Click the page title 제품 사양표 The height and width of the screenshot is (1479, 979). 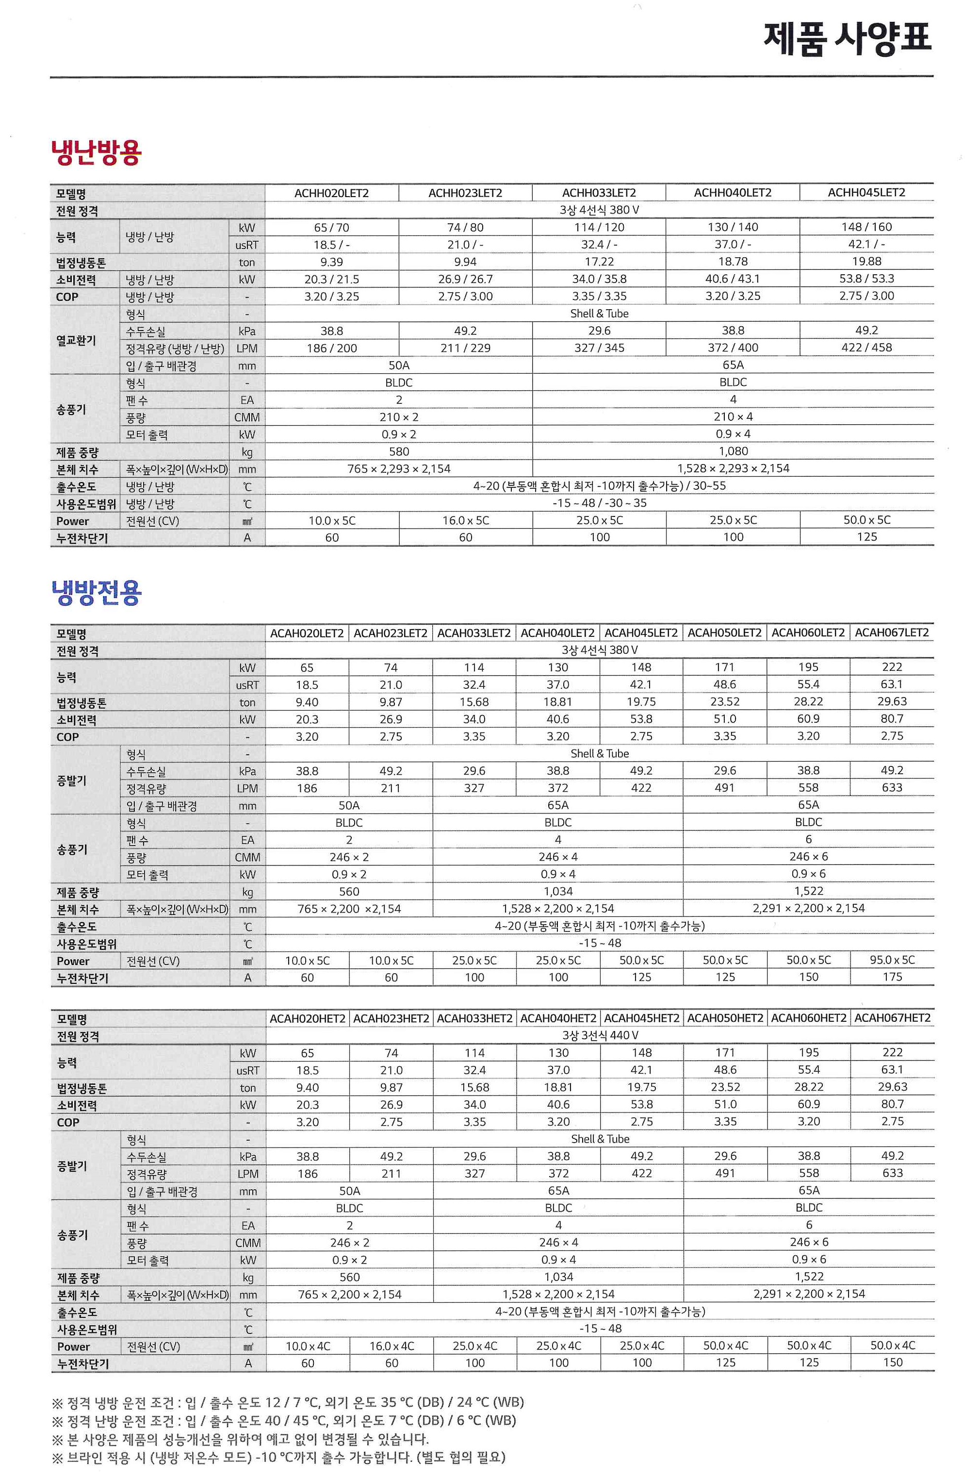pyautogui.click(x=847, y=39)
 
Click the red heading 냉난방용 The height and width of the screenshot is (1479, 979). pyautogui.click(x=97, y=152)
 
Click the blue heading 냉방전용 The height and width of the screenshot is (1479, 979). pyautogui.click(x=97, y=592)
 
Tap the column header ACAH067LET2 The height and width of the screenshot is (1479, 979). pyautogui.click(x=892, y=632)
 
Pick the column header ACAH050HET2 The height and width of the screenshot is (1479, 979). pyautogui.click(x=725, y=1018)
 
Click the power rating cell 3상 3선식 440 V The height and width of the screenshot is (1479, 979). pyautogui.click(x=600, y=1035)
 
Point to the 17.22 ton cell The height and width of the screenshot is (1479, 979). pyautogui.click(x=599, y=262)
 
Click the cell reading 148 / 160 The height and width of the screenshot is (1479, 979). pyautogui.click(x=866, y=227)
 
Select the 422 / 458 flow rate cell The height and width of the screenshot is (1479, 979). pyautogui.click(x=866, y=348)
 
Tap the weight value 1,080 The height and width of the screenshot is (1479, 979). pyautogui.click(x=733, y=451)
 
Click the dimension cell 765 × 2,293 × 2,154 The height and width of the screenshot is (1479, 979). pyautogui.click(x=398, y=468)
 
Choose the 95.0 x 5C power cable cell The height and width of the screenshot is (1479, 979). pyautogui.click(x=892, y=960)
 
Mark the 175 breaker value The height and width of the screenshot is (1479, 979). pyautogui.click(x=892, y=977)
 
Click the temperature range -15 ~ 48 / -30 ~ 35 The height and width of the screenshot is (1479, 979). pyautogui.click(x=599, y=503)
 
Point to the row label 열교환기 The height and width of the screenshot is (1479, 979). pyautogui.click(x=76, y=340)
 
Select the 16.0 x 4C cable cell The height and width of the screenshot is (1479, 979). pyautogui.click(x=392, y=1346)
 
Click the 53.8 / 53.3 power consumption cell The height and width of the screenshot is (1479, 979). pyautogui.click(x=866, y=279)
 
